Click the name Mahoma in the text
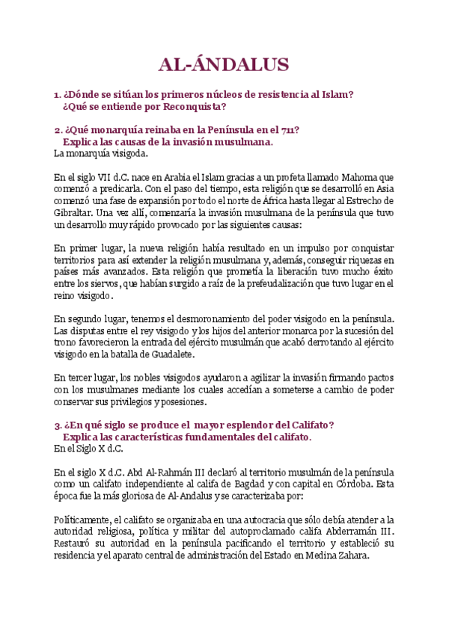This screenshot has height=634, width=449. point(357,177)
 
